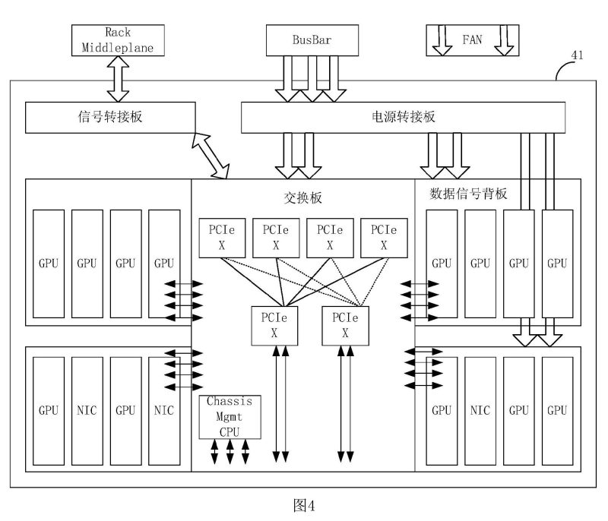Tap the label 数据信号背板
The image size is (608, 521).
(x=469, y=194)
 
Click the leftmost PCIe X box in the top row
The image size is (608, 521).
(x=223, y=238)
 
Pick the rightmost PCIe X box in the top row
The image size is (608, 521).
(x=384, y=238)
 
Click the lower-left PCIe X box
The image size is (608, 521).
(x=274, y=324)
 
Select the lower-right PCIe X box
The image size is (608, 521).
(x=345, y=324)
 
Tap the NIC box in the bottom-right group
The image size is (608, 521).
(x=480, y=410)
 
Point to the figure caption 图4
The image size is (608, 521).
(x=304, y=505)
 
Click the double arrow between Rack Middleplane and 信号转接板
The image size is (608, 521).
(x=119, y=82)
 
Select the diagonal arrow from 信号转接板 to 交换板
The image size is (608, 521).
(x=211, y=155)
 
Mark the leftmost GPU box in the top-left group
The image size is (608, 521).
(x=49, y=264)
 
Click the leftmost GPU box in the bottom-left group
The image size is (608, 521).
(x=49, y=410)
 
